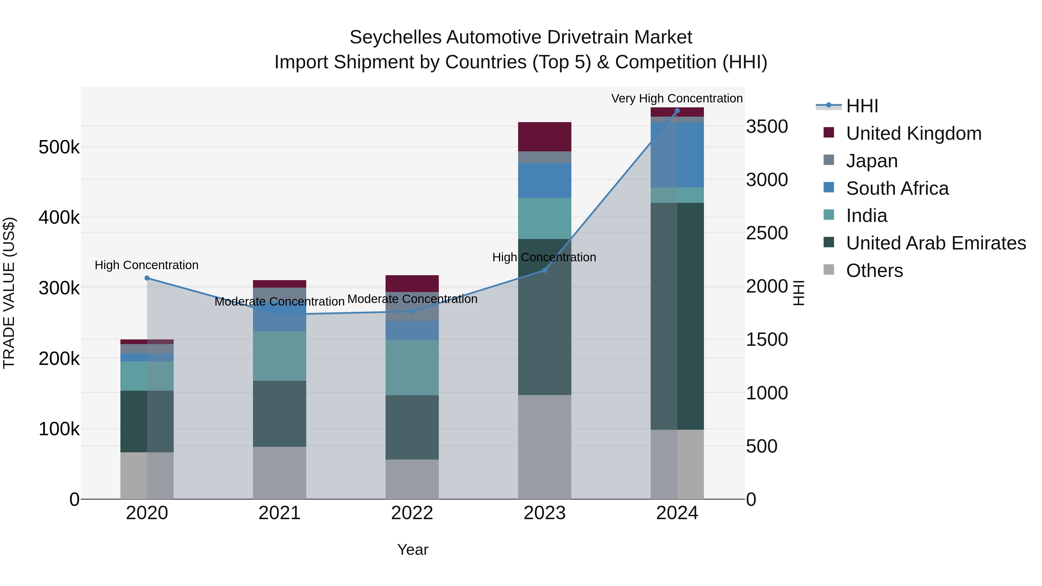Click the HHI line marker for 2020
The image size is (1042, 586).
[147, 278]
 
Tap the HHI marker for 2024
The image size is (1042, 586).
[677, 111]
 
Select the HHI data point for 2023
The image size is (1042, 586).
[544, 270]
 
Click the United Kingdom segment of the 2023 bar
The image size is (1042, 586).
[544, 137]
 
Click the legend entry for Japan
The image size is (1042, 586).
[872, 161]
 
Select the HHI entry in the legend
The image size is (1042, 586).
[862, 106]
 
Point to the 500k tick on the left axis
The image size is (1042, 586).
[59, 147]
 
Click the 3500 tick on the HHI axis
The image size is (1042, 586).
[766, 126]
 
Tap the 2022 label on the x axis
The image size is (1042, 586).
[412, 513]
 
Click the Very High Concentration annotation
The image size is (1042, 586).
[677, 98]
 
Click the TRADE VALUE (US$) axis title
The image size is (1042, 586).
[9, 293]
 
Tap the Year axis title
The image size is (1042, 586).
[412, 550]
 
